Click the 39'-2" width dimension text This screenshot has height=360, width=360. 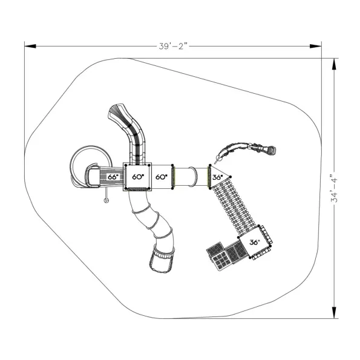tap(173, 46)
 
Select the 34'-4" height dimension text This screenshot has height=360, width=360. tap(334, 188)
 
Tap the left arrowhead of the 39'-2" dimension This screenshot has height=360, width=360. tap(30, 46)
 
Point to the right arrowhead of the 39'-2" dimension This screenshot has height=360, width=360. tap(316, 46)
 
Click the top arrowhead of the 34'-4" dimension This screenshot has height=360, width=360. tap(334, 64)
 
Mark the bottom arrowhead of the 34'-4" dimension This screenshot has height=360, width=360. tap(334, 313)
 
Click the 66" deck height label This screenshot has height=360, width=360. tap(113, 177)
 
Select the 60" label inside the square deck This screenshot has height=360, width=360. tap(138, 177)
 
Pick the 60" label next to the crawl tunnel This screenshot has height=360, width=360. tap(162, 177)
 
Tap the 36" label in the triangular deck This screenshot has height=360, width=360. tap(217, 177)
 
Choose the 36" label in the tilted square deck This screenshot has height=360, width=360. tap(255, 242)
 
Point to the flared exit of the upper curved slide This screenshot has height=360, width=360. tap(117, 112)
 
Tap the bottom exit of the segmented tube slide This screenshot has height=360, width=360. tap(162, 260)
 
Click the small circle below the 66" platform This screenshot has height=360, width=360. tap(106, 200)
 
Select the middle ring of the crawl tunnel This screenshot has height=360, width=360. tap(193, 177)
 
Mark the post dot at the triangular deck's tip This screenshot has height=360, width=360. tap(231, 177)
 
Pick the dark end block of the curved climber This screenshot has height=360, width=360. tap(272, 150)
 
